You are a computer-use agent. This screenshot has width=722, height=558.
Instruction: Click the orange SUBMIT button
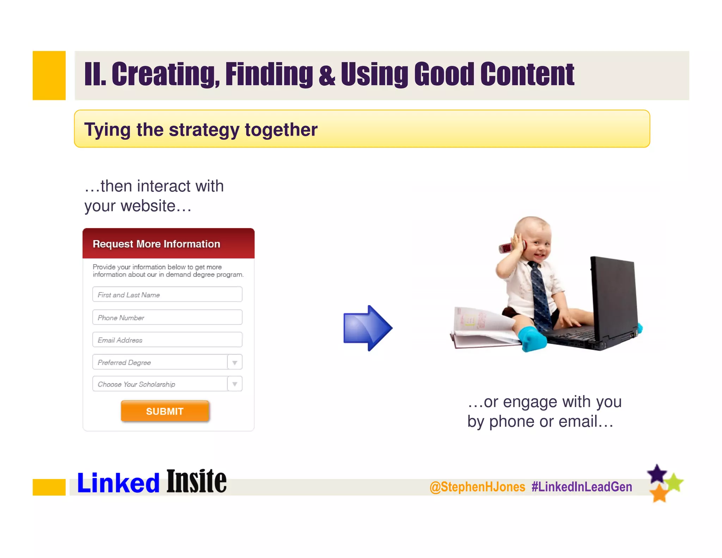coord(165,411)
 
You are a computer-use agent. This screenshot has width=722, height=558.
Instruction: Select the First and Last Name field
coord(167,295)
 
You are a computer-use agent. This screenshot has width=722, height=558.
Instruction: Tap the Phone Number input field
coord(167,317)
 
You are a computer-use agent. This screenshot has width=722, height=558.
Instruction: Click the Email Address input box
coord(167,340)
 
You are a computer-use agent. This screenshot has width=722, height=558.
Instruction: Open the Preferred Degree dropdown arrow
coord(235,362)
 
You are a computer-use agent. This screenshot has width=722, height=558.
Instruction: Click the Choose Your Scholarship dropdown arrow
coord(235,384)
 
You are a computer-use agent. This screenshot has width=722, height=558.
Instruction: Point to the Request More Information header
coord(156,244)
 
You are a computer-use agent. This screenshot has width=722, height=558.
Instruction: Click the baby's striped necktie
coord(539,293)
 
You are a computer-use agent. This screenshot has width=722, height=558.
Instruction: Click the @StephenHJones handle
coord(477,487)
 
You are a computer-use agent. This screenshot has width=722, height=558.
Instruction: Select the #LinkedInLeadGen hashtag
coord(582,487)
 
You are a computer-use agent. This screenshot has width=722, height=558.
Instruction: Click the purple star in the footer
coord(657,474)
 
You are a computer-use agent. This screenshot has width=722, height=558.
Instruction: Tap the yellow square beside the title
coord(49,75)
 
